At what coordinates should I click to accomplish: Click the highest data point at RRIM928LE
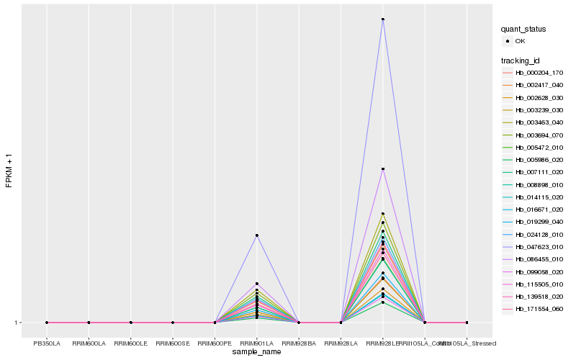(383, 19)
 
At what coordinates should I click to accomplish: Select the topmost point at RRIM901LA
(256, 235)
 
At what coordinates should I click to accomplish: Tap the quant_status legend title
(523, 29)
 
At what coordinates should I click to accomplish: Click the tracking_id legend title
(521, 60)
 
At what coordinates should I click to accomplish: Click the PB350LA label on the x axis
(47, 343)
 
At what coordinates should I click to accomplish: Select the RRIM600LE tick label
(130, 343)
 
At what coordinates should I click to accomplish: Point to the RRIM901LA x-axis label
(256, 343)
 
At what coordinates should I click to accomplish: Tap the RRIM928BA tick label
(299, 343)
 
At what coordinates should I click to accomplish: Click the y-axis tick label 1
(17, 323)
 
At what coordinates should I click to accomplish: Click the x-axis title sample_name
(256, 352)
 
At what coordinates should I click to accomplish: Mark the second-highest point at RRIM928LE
(383, 169)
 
